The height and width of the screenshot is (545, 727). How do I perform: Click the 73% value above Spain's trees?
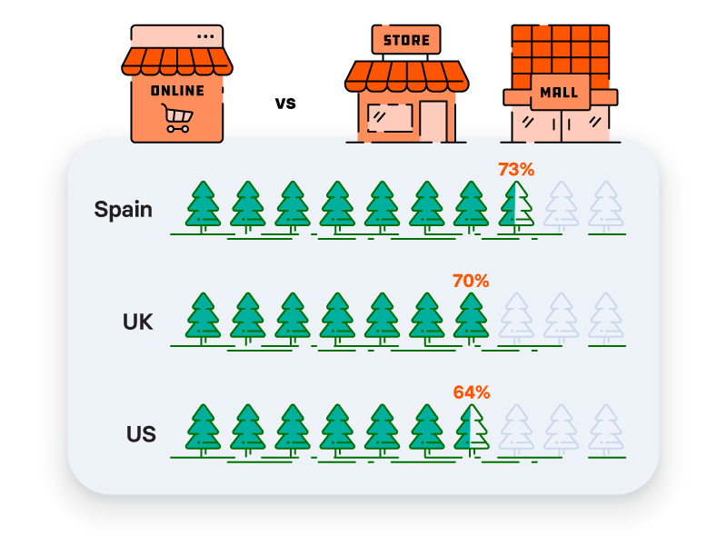(x=516, y=170)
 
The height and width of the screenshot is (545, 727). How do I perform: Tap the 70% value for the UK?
(x=471, y=281)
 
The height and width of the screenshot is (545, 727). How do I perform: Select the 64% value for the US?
(x=471, y=392)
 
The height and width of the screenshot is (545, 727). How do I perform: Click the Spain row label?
(x=124, y=210)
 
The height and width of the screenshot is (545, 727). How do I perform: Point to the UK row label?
(x=138, y=322)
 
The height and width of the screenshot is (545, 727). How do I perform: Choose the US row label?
(x=141, y=434)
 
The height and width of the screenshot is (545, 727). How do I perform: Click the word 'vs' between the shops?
(x=285, y=104)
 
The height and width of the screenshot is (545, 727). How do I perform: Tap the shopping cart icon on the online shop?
(x=177, y=118)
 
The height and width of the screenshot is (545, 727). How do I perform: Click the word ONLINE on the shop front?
(x=177, y=90)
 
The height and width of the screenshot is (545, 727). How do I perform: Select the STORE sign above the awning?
(x=406, y=40)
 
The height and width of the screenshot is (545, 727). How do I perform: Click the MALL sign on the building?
(x=560, y=93)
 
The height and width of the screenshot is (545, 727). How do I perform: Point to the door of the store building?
(x=433, y=122)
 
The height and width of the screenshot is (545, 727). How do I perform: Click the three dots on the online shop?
(x=205, y=36)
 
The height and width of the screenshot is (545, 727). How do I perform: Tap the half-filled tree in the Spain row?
(x=516, y=207)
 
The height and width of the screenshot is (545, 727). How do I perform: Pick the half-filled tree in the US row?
(x=471, y=431)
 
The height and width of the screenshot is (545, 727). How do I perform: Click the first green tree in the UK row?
(x=203, y=319)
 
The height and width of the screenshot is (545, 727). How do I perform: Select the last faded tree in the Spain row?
(x=606, y=207)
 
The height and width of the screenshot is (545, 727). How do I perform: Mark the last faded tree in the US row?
(x=606, y=431)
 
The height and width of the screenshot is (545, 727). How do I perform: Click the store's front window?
(x=390, y=118)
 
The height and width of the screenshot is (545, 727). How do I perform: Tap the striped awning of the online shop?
(x=177, y=61)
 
